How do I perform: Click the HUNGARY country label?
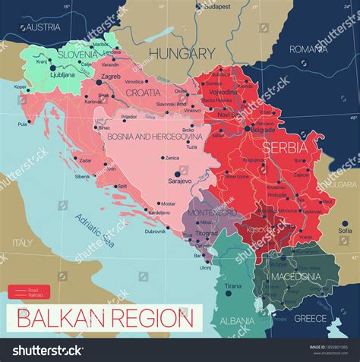coord(182,53)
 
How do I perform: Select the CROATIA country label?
coord(143,93)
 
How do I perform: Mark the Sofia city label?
coord(345,231)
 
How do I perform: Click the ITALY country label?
coord(22,242)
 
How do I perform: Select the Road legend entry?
coord(34,289)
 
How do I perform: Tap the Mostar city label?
coord(168,204)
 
